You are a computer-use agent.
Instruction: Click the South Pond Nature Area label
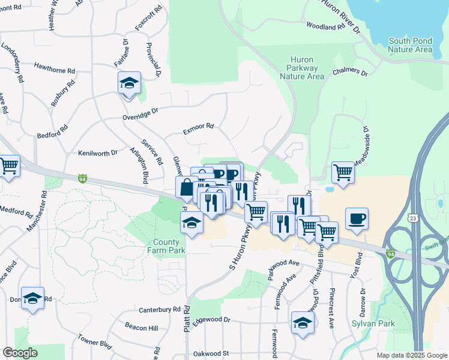click(411, 45)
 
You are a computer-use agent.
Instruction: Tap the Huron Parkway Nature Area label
click(307, 68)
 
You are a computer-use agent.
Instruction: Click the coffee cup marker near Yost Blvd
click(357, 219)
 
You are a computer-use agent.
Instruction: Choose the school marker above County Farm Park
click(191, 224)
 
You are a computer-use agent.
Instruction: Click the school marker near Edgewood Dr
click(303, 323)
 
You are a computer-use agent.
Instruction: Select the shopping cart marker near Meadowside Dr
click(343, 173)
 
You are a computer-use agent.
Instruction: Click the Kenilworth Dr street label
click(98, 153)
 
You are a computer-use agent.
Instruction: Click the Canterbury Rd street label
click(159, 310)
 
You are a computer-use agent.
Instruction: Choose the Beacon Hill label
click(142, 328)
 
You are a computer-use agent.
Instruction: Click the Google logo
click(20, 353)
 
